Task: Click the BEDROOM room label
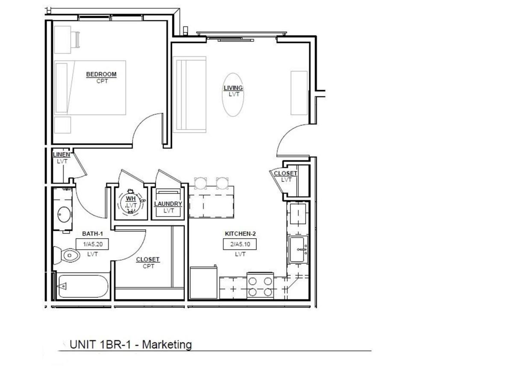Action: click(101, 74)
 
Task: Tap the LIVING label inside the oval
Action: click(233, 88)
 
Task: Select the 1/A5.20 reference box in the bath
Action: click(92, 244)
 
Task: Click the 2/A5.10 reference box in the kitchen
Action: click(240, 244)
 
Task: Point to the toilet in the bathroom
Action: click(66, 255)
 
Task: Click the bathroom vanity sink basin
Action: click(64, 214)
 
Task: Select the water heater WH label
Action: click(131, 198)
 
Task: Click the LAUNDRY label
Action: click(168, 204)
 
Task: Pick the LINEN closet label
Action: click(62, 154)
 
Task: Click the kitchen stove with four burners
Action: click(260, 286)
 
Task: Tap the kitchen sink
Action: click(298, 249)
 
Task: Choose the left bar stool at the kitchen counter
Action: click(200, 184)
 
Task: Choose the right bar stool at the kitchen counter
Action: click(222, 184)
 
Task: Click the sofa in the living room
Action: click(190, 95)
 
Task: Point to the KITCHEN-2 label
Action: click(240, 234)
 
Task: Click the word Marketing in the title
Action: click(167, 345)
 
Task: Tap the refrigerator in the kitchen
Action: click(203, 282)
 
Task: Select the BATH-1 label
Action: click(92, 234)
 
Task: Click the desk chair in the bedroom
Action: click(75, 40)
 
